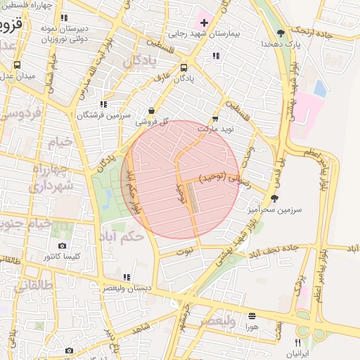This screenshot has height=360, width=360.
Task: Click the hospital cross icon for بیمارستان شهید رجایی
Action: [205, 23]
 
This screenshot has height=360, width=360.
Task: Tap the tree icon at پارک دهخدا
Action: [281, 33]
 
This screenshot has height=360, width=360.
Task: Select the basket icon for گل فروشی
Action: [152, 110]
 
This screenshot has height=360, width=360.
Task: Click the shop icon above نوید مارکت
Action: [215, 119]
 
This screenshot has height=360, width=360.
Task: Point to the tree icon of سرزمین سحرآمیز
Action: [274, 198]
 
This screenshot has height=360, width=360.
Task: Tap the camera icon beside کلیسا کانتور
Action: [62, 246]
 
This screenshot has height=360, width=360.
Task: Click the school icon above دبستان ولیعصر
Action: [126, 277]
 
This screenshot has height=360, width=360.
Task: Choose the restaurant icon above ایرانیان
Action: [297, 342]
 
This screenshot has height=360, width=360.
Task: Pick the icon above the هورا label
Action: [252, 316]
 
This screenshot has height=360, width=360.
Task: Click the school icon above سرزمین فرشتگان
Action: [104, 104]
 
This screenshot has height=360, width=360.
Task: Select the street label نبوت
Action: [184, 251]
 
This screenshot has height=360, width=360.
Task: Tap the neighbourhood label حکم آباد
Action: [121, 236]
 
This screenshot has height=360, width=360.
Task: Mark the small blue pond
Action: [320, 89]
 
